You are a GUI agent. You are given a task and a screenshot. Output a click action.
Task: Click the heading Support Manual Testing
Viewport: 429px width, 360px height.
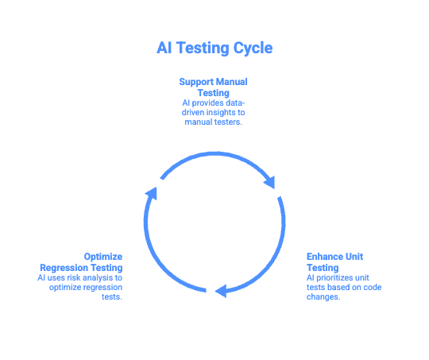(214, 87)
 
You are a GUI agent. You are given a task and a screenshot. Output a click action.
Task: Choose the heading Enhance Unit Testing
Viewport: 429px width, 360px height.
(335, 262)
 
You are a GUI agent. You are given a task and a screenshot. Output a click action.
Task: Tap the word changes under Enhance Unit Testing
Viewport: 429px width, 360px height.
(324, 297)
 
